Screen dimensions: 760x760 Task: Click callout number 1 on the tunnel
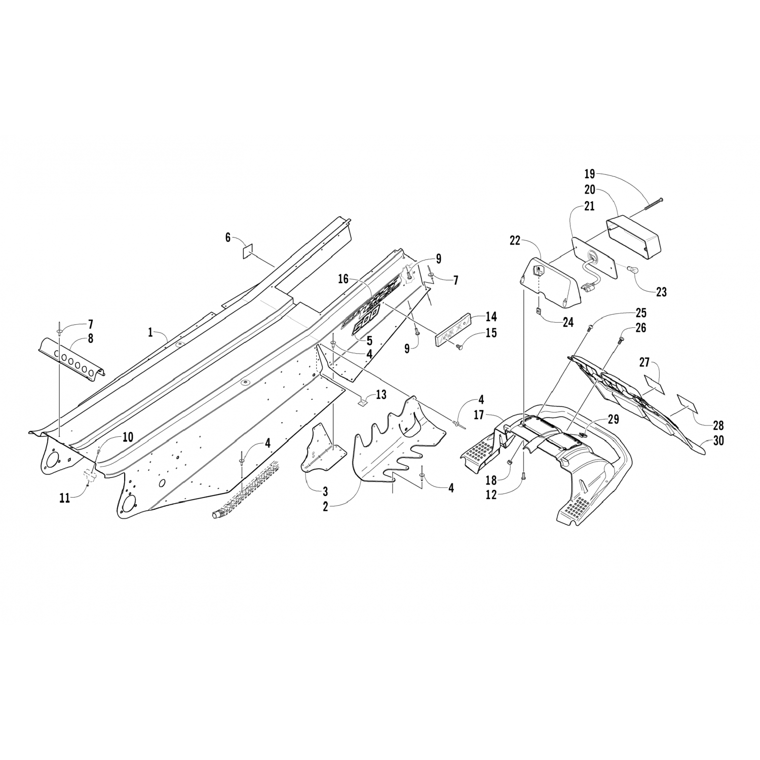[x=150, y=332]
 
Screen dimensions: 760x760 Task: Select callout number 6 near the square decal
[x=228, y=237]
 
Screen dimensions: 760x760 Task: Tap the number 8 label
[x=90, y=339]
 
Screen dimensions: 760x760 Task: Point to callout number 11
[x=64, y=498]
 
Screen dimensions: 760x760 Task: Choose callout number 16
[x=344, y=278]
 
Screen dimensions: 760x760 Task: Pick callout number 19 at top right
[x=589, y=174]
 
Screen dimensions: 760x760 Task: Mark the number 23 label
[x=661, y=291]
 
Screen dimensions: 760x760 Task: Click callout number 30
[x=718, y=441]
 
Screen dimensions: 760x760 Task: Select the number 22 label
[x=515, y=241]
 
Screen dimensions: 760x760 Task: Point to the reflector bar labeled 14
[x=454, y=330]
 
